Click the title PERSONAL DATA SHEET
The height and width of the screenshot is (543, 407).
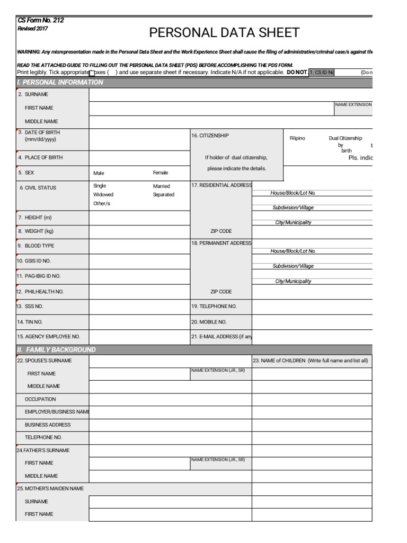point(224,33)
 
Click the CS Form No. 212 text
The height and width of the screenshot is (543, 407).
point(41,20)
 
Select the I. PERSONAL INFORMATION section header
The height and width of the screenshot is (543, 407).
point(60,82)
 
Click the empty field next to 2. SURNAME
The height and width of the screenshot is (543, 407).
point(231,94)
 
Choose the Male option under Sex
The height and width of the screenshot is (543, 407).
point(99,173)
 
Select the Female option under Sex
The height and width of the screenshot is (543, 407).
point(161,173)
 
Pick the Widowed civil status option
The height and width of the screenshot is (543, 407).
point(103,195)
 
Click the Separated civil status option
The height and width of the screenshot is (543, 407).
point(164,195)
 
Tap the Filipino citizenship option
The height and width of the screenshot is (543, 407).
point(297,138)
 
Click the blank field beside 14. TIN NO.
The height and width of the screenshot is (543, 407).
point(139,322)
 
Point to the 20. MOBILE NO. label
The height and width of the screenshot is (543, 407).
point(209,322)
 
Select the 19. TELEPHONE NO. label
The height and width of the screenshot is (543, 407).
point(214,306)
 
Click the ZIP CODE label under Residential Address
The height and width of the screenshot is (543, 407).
point(221,231)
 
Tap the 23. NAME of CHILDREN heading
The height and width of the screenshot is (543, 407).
point(310,361)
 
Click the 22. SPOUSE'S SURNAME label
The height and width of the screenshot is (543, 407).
point(45,361)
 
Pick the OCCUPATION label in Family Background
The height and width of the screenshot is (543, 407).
point(40,399)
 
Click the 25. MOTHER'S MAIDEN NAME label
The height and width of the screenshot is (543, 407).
point(50,488)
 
